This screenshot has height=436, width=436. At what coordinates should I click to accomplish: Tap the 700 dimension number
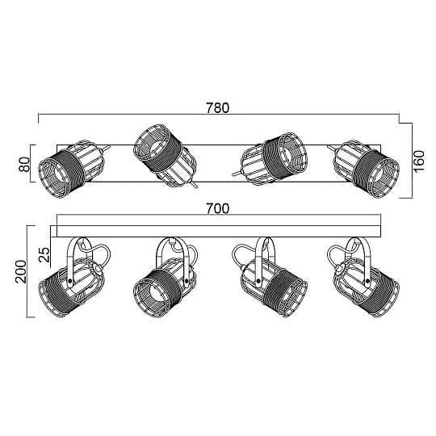[217, 208]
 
